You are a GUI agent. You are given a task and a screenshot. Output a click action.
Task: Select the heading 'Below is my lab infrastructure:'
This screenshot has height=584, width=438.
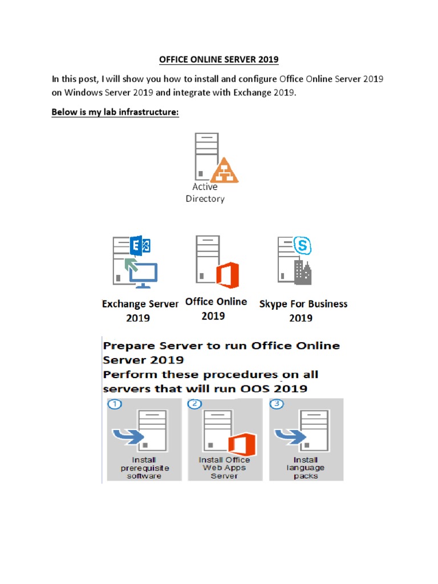point(115,112)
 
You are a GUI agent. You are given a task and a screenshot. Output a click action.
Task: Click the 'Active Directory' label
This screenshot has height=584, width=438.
point(205,193)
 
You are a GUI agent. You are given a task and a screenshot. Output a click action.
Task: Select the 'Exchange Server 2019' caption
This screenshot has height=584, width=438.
point(140,311)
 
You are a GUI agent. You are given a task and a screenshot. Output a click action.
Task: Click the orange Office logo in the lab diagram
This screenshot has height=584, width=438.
point(228,276)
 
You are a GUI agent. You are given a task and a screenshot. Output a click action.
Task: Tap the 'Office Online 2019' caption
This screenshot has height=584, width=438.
point(217,309)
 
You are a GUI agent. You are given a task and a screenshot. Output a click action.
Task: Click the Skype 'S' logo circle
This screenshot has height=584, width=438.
point(302,247)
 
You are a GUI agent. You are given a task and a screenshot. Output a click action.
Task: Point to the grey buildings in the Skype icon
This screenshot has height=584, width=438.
point(302,272)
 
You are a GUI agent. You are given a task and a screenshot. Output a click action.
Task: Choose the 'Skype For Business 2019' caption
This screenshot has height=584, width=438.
point(303,311)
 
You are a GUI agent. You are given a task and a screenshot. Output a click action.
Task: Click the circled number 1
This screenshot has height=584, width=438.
point(115,405)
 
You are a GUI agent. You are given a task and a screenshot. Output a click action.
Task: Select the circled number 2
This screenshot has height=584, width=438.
point(196,405)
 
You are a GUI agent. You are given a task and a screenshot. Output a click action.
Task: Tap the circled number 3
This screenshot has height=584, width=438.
point(277,405)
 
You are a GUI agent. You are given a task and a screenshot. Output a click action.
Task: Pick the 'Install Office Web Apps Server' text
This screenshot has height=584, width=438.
point(224,468)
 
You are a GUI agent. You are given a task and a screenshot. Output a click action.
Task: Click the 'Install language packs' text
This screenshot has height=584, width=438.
point(306,468)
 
